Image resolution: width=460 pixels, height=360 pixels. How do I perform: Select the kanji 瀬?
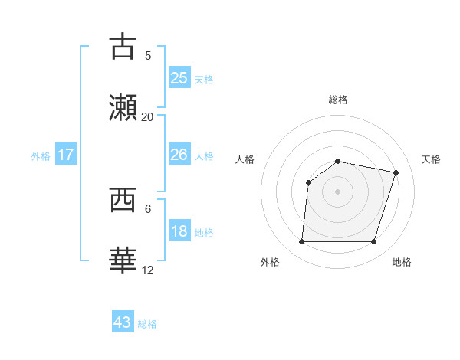click(123, 106)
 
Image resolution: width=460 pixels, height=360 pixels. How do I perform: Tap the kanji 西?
click(123, 200)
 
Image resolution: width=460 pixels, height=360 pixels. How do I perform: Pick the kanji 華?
click(123, 260)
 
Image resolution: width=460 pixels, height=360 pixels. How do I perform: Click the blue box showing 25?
click(179, 77)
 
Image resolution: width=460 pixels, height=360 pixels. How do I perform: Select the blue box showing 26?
click(179, 155)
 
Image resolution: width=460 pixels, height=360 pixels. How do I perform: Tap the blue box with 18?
click(179, 231)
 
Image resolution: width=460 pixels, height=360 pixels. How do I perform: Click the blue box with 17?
click(66, 155)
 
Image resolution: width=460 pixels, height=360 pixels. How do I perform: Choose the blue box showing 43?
click(123, 322)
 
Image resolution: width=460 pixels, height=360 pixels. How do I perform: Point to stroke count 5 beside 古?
click(148, 55)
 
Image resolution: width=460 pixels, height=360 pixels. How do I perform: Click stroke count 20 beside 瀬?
click(148, 116)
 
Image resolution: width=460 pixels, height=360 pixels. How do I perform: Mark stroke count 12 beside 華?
click(148, 270)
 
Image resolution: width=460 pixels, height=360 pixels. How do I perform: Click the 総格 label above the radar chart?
click(338, 100)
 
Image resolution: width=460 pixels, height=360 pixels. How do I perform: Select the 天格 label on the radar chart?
click(431, 159)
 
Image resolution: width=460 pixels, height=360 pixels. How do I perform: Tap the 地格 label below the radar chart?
click(402, 262)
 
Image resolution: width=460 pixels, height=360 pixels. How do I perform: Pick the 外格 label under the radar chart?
click(270, 262)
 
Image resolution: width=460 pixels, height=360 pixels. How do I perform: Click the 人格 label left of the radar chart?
click(245, 159)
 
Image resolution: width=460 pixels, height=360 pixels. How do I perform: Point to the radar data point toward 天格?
click(396, 172)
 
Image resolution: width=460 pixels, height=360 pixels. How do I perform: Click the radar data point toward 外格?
click(302, 242)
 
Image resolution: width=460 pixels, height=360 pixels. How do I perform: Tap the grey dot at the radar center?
click(338, 191)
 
